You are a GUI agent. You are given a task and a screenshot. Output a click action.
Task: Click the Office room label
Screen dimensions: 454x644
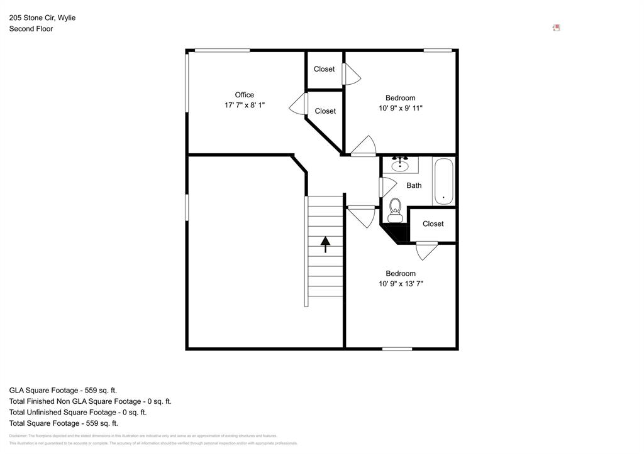point(245,95)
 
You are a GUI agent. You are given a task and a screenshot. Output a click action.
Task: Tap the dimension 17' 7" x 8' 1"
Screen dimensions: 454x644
point(245,105)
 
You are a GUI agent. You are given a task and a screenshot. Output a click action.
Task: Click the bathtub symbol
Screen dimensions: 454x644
point(443,181)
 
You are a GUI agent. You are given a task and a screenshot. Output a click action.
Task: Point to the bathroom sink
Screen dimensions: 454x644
point(400,165)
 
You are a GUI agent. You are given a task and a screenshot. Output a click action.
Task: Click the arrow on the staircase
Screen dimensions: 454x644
point(325,244)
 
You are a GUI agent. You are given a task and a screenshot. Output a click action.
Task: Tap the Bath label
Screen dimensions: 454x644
point(414,185)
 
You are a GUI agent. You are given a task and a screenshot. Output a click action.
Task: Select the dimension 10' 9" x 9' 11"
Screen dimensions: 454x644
point(401,108)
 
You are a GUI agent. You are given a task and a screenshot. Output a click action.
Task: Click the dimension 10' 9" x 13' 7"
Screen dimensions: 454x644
point(401,284)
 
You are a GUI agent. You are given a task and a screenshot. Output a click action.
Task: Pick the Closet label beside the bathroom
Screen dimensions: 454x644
point(433,224)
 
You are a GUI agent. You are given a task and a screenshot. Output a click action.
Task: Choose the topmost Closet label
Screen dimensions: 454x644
point(325,69)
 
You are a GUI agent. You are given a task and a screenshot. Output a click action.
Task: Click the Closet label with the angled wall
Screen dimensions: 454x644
point(325,111)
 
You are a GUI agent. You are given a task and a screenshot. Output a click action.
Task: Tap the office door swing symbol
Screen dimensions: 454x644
point(297,104)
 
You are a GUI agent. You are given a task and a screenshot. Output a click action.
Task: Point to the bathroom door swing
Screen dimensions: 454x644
point(387,186)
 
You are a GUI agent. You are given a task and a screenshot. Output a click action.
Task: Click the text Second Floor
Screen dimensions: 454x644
point(31,29)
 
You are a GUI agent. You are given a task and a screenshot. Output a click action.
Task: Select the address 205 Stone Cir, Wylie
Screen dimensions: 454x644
point(42,18)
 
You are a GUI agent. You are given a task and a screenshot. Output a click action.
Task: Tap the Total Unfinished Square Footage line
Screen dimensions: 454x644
point(78,413)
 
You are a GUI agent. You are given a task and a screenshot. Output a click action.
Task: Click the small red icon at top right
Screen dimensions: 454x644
point(556,28)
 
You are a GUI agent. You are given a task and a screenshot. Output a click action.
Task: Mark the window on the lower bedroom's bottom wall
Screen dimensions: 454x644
point(397,349)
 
